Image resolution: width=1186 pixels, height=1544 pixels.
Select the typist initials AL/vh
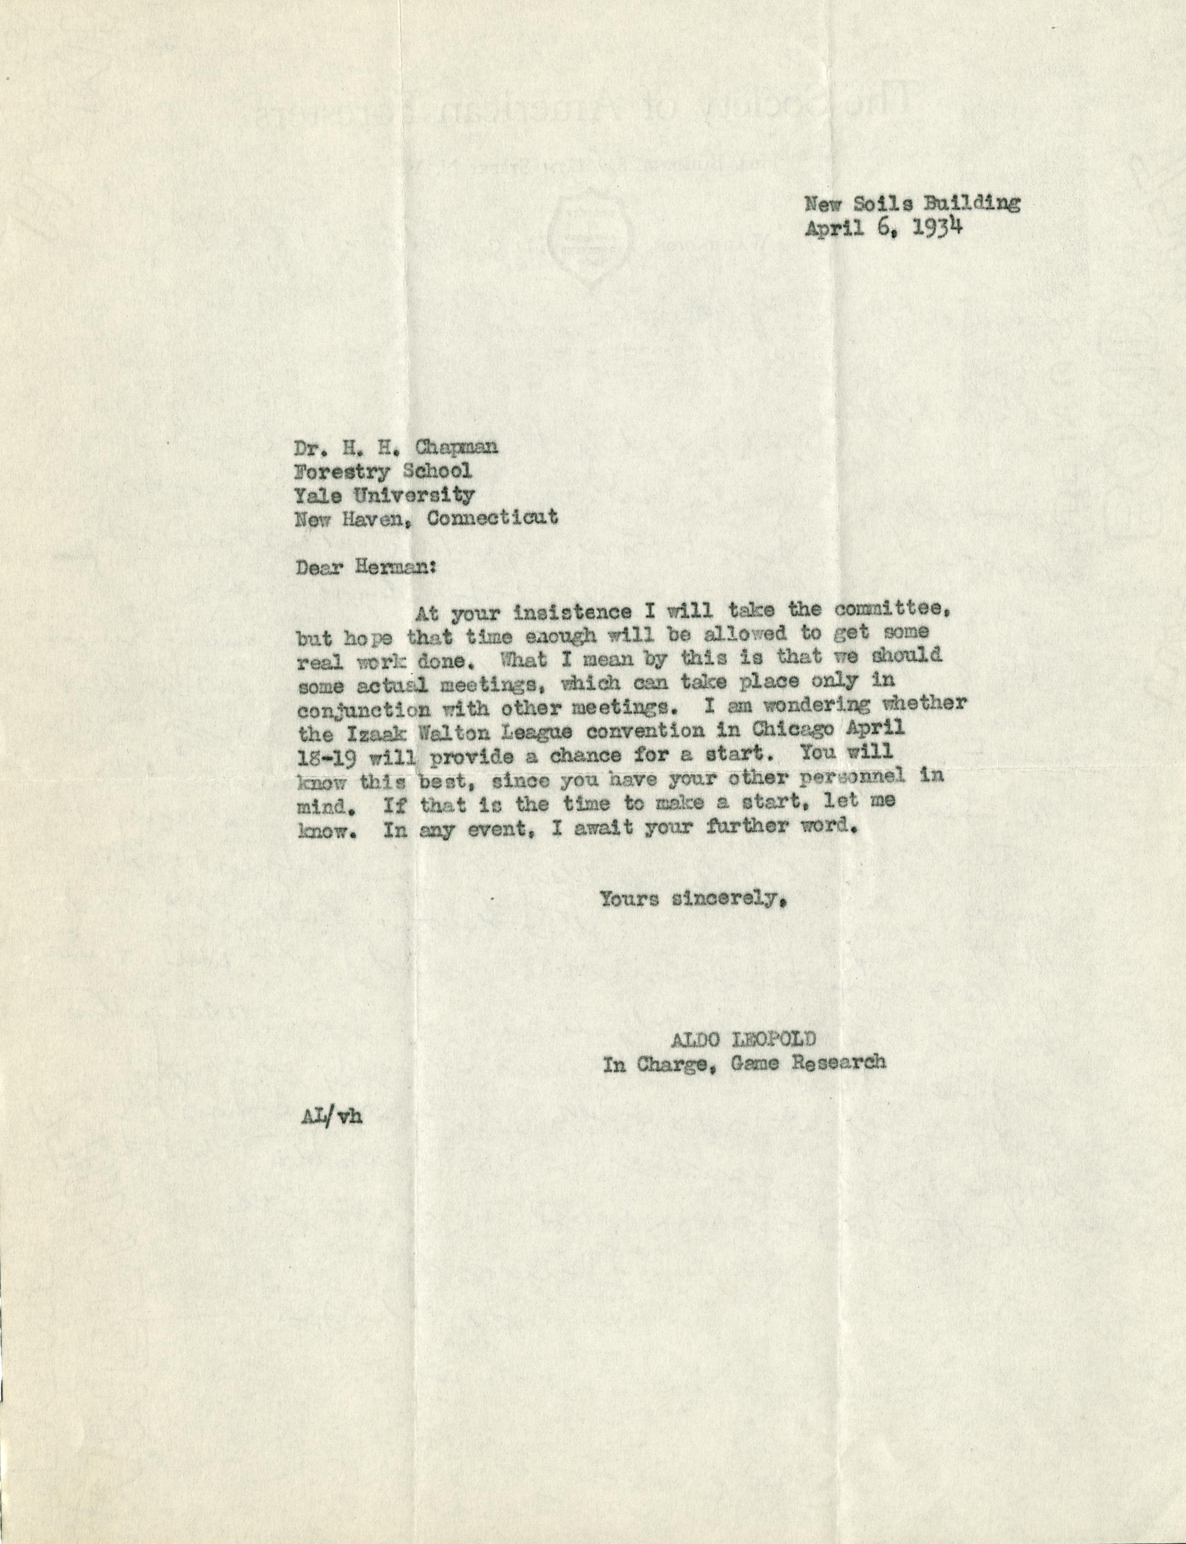point(330,1119)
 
